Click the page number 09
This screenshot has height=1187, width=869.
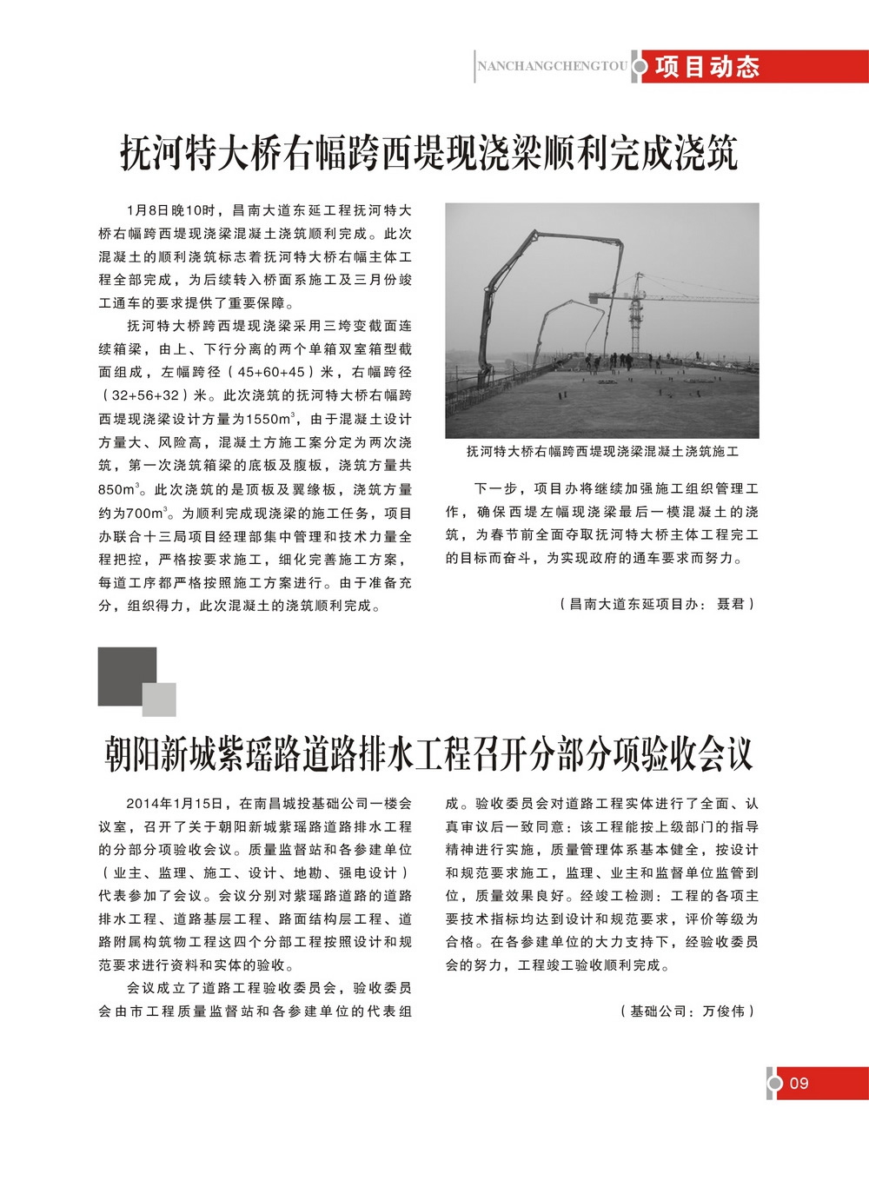point(799,1083)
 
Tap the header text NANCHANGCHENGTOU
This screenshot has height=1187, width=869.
point(552,66)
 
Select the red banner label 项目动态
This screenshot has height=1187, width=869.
point(707,67)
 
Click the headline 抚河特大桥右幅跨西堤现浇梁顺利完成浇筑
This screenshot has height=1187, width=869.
point(428,154)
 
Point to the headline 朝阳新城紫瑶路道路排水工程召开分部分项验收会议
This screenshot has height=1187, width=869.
point(428,753)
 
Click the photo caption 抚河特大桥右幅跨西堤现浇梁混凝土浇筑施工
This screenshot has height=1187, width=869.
point(602,451)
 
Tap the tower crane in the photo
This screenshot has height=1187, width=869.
point(639,308)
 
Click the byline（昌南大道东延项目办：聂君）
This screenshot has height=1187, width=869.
point(657,603)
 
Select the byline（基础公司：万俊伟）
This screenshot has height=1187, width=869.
point(687,1011)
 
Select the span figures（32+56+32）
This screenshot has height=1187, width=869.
point(145,395)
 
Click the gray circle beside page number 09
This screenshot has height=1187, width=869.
point(774,1083)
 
